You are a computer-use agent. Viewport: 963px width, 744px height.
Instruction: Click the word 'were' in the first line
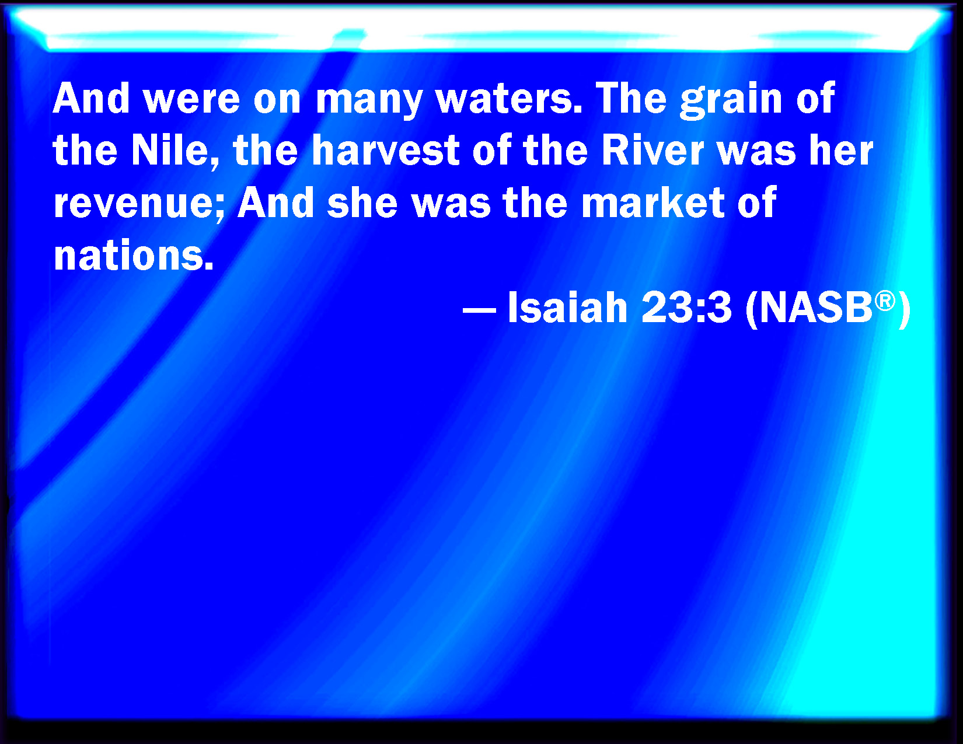[x=193, y=99]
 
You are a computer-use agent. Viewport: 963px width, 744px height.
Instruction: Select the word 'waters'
[x=509, y=99]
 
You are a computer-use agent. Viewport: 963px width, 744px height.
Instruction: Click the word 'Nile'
[x=170, y=150]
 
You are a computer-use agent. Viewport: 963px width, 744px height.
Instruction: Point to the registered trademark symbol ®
[x=885, y=301]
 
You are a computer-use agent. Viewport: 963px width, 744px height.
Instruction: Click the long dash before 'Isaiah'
[x=479, y=309]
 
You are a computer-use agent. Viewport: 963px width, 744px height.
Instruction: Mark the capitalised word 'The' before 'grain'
[x=631, y=99]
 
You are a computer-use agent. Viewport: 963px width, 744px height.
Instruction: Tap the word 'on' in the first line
[x=277, y=101]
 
